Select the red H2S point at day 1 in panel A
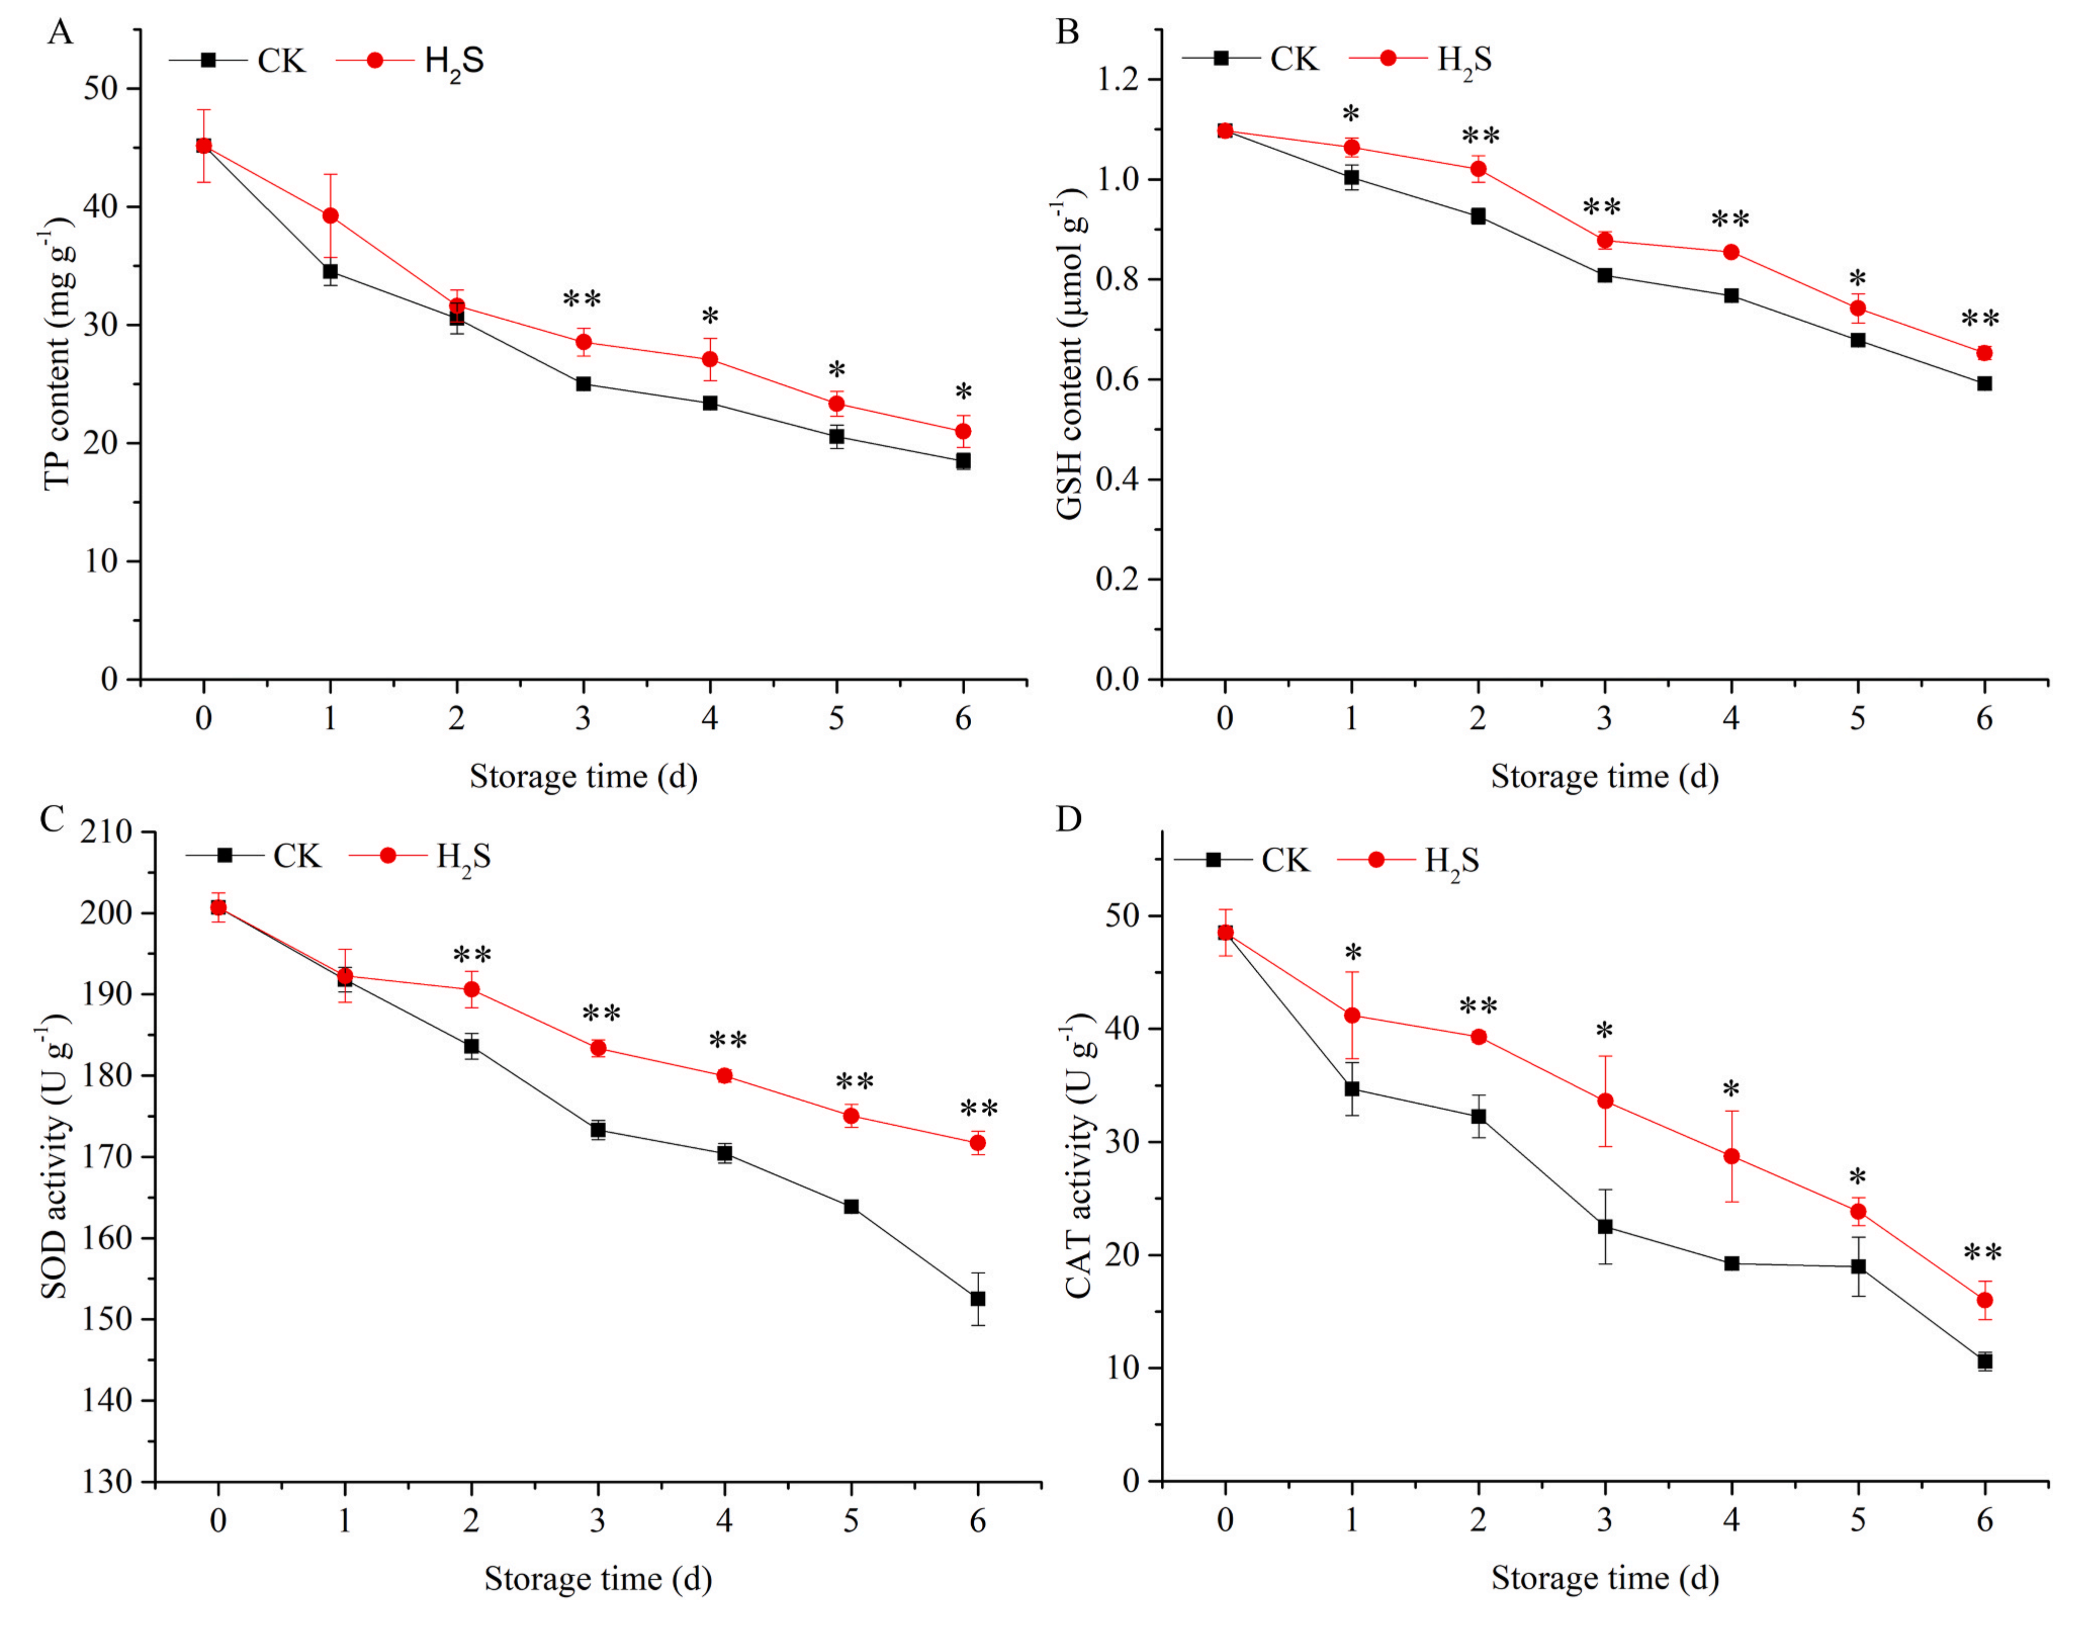[330, 215]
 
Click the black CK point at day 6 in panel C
[978, 1298]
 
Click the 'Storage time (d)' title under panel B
[1605, 776]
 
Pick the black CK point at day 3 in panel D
[1605, 1226]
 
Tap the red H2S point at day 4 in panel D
[1731, 1156]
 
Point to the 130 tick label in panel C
[106, 1481]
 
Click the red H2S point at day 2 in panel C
[471, 989]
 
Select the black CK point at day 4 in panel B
[1731, 296]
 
